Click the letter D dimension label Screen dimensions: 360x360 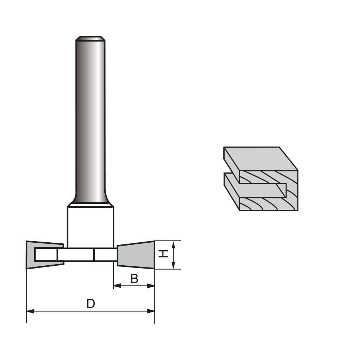coord(91,304)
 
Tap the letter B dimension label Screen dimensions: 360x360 coord(134,279)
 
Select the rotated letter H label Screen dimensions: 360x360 coord(164,254)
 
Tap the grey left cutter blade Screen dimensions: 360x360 coord(31,255)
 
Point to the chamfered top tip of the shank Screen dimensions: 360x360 coord(90,38)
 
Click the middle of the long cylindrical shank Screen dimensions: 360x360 coord(90,119)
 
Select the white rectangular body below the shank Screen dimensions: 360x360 coord(90,227)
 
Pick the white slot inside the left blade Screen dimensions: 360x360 coord(46,255)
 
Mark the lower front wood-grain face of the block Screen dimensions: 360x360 coord(268,204)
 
